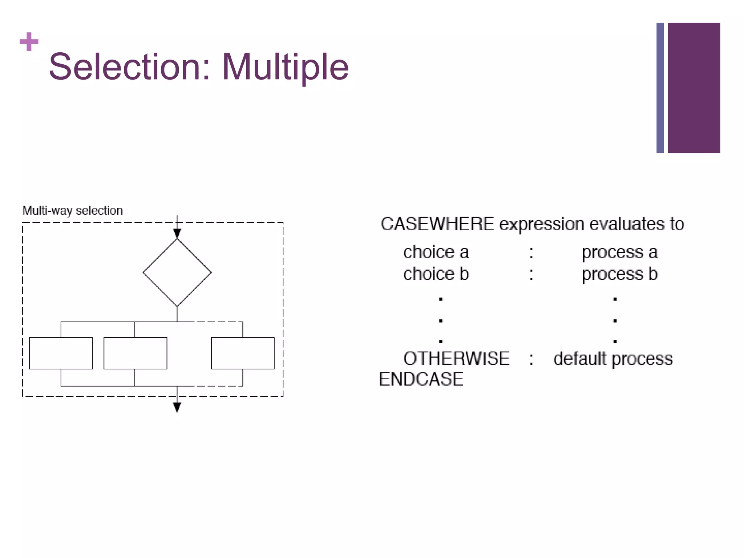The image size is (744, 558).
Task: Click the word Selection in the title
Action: pos(125,67)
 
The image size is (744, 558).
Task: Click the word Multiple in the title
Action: pos(285,68)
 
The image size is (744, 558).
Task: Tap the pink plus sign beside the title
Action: pos(29,42)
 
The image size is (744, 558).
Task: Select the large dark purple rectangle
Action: pos(694,88)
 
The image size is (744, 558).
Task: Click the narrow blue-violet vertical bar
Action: pos(660,88)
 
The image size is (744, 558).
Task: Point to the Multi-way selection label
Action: pos(73,211)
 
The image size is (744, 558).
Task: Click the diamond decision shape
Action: pos(177,272)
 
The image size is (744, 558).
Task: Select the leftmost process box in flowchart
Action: pos(61,353)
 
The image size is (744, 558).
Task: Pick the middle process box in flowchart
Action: pos(135,353)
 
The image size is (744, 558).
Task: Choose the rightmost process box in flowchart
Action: pos(243,353)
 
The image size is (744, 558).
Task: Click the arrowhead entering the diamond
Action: pos(177,234)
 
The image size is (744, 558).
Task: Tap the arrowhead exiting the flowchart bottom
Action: pos(177,407)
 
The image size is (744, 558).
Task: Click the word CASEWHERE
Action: pos(437,224)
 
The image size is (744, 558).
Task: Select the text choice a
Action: pos(436,252)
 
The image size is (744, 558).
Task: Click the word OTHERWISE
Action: pos(456,359)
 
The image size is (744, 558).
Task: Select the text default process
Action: pos(613,359)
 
